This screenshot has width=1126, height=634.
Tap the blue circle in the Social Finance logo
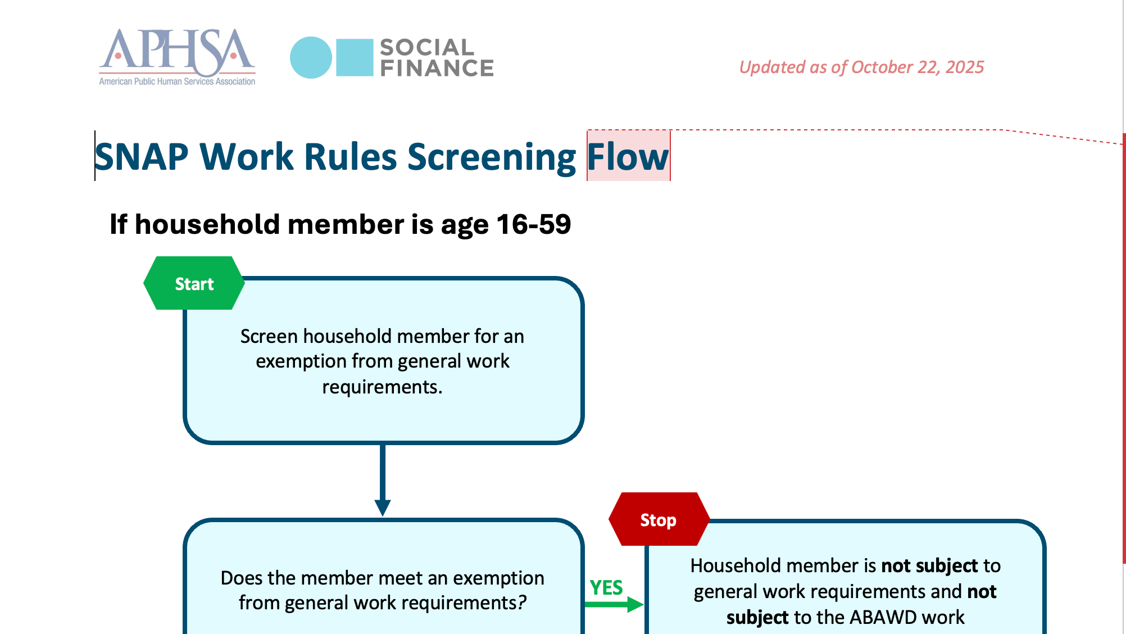[311, 57]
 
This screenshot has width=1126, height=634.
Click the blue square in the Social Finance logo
[355, 57]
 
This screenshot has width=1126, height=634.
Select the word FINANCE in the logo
[437, 69]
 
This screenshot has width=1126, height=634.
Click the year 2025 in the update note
[965, 67]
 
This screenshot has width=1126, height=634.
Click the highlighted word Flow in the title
[628, 156]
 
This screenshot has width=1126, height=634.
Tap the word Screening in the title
[492, 157]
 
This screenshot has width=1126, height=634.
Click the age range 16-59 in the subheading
[534, 224]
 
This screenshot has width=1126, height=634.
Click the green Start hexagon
[194, 283]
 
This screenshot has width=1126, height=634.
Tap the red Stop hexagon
[659, 519]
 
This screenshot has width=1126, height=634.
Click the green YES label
[606, 587]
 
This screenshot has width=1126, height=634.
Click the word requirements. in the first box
[382, 387]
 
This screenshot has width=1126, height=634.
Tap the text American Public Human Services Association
[177, 81]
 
